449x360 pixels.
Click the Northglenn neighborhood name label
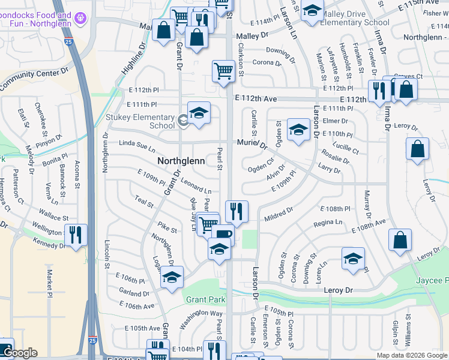click(181, 161)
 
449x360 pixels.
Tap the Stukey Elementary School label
click(140, 121)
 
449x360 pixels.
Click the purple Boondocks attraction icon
click(79, 23)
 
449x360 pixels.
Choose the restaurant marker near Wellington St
click(76, 233)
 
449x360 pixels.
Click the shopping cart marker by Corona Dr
click(223, 71)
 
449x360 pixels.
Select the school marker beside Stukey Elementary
click(199, 112)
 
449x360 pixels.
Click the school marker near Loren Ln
click(354, 258)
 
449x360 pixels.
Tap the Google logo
click(20, 353)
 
